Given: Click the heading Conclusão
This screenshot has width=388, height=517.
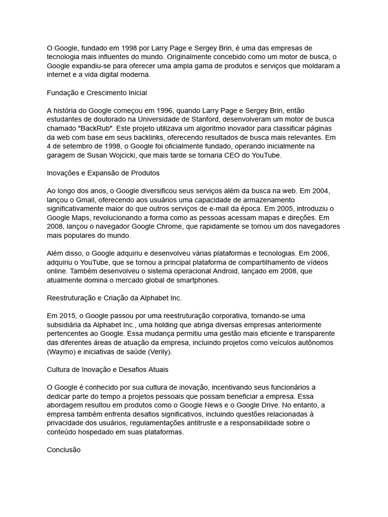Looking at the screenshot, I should click(x=64, y=449).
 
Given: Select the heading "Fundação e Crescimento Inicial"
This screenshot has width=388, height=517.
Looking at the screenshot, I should click(x=96, y=93).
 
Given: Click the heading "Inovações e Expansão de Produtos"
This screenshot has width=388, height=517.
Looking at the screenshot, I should click(x=103, y=173).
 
